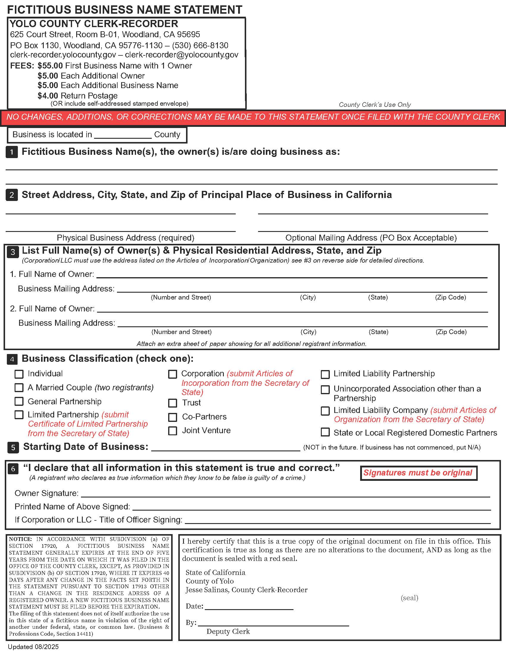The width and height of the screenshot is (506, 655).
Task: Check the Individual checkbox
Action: tap(19, 374)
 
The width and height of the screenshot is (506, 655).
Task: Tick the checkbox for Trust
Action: tap(173, 403)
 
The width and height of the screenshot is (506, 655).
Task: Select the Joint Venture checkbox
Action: tap(173, 431)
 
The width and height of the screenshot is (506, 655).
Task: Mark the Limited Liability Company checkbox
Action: tap(325, 411)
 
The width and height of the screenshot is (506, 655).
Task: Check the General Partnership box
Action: tap(19, 401)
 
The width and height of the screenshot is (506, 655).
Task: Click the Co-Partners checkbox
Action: tap(173, 417)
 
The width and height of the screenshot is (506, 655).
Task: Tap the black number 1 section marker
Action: tap(12, 152)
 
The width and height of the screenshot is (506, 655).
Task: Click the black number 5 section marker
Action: tap(13, 447)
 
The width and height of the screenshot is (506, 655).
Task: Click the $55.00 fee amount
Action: tap(50, 66)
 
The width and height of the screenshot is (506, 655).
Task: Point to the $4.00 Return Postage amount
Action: tap(48, 96)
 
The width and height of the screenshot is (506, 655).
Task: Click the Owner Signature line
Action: tap(285, 494)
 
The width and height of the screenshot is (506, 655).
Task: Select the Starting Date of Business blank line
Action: tap(225, 447)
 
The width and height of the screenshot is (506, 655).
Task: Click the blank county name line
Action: tap(123, 135)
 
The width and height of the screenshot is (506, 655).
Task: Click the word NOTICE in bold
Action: tap(20, 539)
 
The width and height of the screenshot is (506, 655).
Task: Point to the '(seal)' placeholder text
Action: tap(409, 598)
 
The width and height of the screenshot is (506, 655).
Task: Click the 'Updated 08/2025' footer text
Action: tap(33, 647)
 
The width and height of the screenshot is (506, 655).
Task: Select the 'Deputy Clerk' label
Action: tap(228, 631)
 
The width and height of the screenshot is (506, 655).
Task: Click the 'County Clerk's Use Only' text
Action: tap(374, 105)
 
